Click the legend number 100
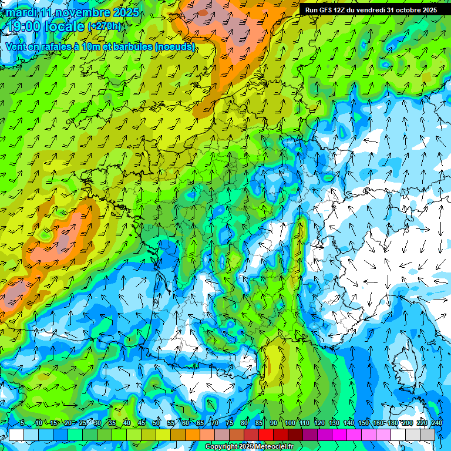tap(290, 423)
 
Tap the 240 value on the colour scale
tap(437, 423)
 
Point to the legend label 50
tap(156, 423)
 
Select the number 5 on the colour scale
tap(22, 423)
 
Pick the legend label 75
tap(230, 423)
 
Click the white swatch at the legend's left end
tap(16, 435)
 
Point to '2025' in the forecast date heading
tap(124, 12)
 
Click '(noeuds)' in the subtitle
tap(176, 46)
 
